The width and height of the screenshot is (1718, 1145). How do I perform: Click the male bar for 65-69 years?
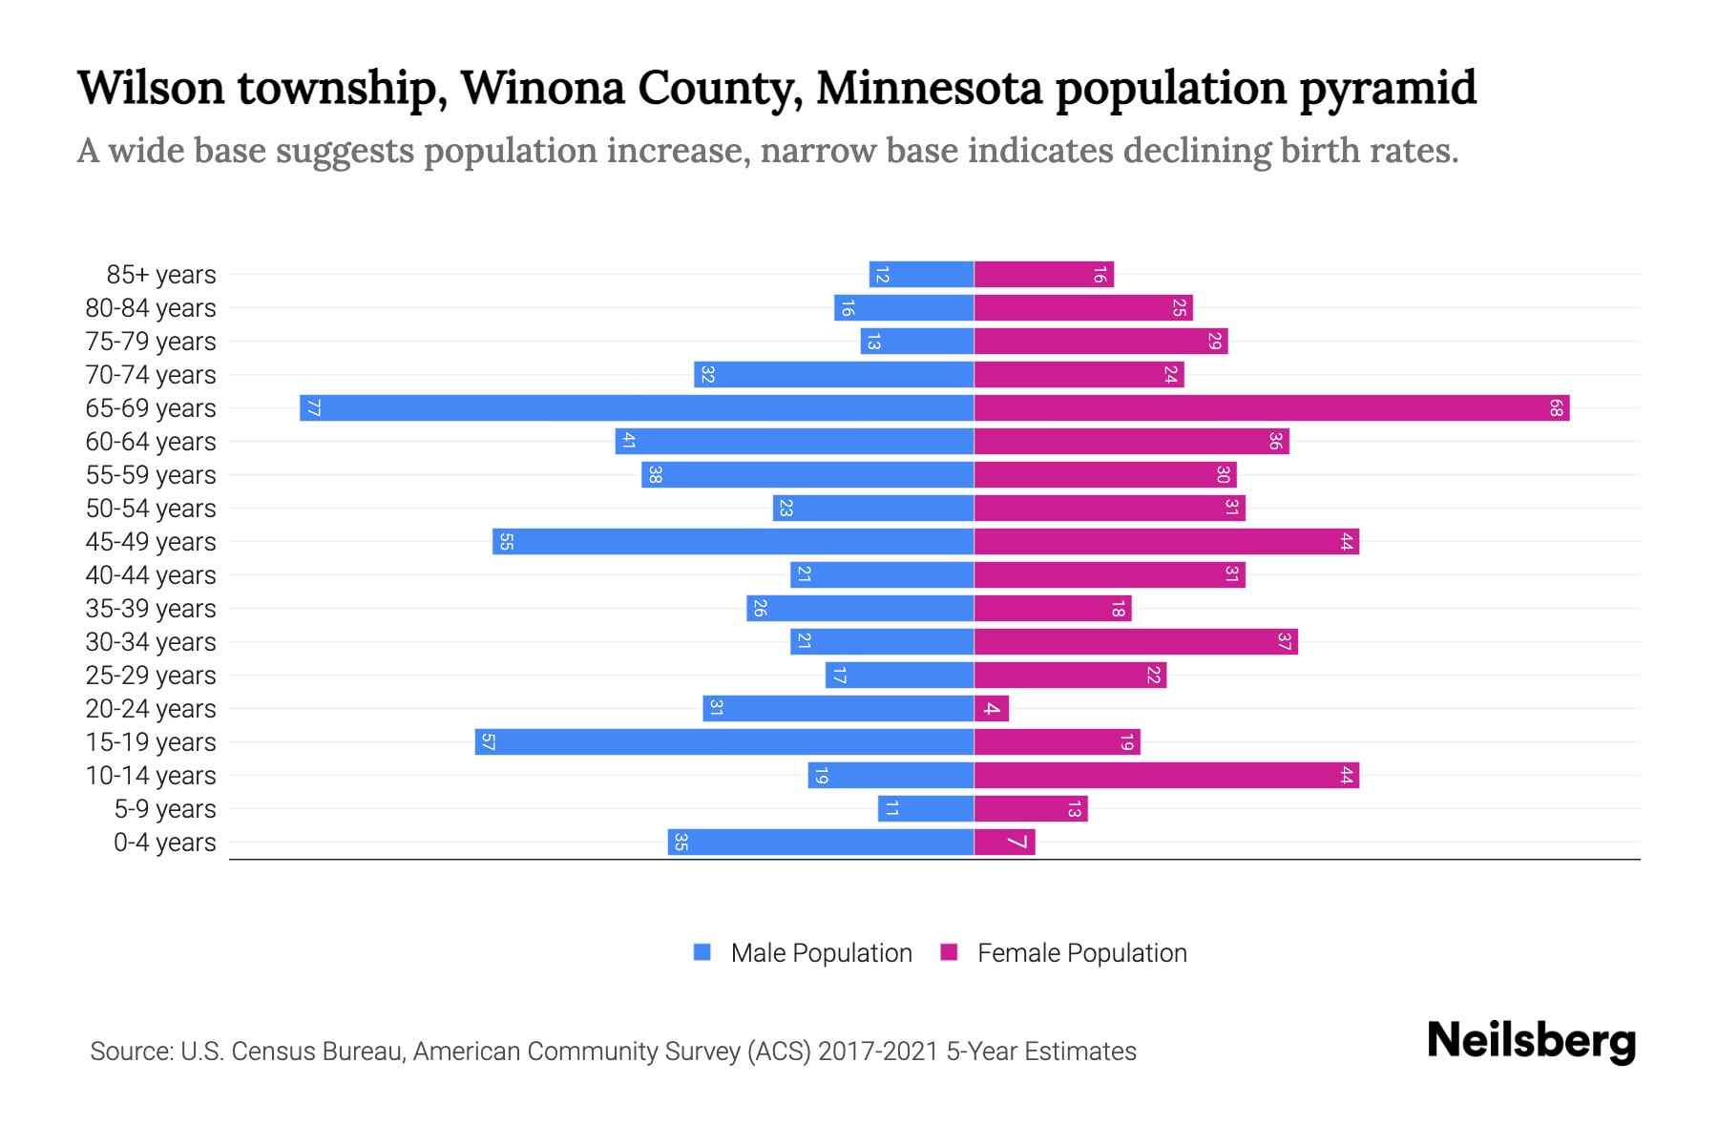[637, 408]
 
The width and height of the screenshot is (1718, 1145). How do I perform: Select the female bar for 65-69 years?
[1271, 408]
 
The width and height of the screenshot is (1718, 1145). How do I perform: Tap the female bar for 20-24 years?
[992, 709]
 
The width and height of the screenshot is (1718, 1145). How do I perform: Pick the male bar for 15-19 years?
[724, 742]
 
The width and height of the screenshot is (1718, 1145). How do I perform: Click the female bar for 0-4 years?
[1005, 843]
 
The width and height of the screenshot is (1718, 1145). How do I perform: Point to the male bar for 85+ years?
[921, 275]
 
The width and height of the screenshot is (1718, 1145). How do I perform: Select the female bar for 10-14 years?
[1166, 776]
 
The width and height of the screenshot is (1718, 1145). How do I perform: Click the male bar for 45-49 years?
[733, 542]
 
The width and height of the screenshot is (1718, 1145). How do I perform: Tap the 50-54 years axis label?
[151, 509]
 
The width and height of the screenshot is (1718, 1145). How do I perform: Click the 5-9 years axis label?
[165, 809]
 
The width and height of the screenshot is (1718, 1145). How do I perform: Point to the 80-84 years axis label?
[151, 308]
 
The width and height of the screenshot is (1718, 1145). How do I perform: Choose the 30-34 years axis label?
[151, 642]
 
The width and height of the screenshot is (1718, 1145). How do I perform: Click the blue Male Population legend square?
[702, 952]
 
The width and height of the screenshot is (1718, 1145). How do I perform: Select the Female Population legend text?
[1081, 953]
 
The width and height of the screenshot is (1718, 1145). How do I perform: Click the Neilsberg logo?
[1531, 1041]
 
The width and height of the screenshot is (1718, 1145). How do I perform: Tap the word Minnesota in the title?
[930, 88]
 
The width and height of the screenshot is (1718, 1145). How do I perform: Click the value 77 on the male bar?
[313, 408]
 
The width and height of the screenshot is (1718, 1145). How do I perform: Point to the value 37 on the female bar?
[1284, 642]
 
